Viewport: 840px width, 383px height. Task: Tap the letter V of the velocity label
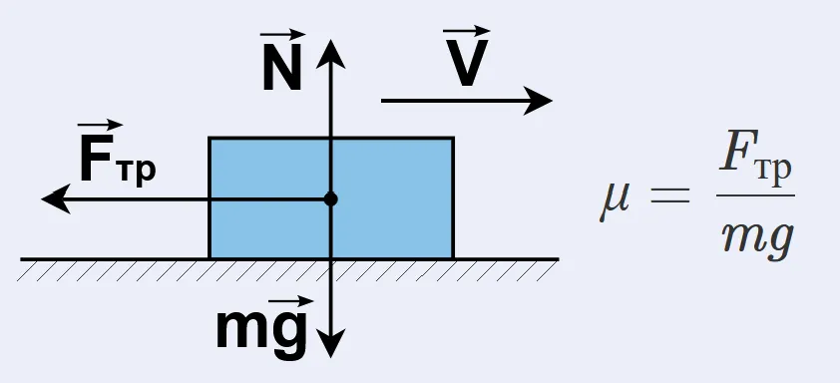coord(466,63)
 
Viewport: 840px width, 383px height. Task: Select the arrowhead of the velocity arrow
coord(538,100)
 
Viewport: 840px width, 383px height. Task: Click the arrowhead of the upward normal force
coord(330,54)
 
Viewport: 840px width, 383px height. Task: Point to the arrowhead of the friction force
coord(56,198)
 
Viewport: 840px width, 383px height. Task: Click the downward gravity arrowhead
coord(330,343)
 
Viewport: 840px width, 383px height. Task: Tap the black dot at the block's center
coord(330,199)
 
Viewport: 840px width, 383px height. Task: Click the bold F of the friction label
coord(93,159)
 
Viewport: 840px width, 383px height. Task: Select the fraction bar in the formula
coord(755,194)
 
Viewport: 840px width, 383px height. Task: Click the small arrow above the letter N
coord(282,35)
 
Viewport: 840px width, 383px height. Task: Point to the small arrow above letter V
coord(467,31)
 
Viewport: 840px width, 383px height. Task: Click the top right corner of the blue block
coord(453,139)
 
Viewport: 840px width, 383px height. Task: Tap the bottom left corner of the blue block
coord(210,258)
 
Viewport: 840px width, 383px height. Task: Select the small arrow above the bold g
coord(290,301)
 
